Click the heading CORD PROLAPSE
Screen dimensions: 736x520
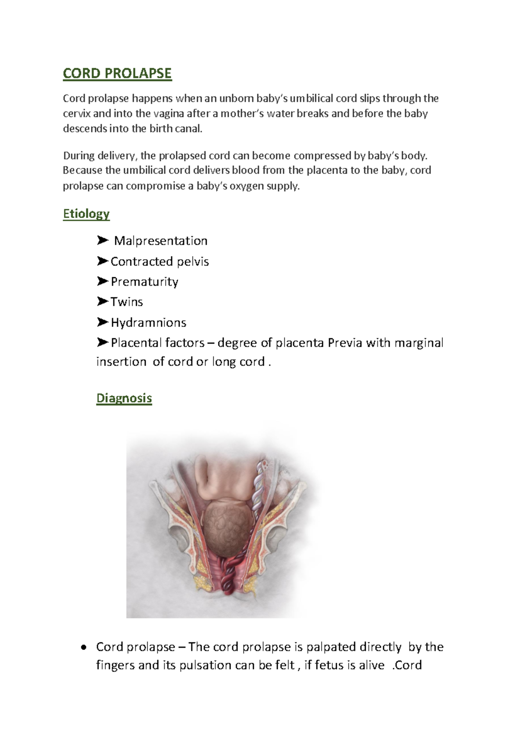[x=117, y=73]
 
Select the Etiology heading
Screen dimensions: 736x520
[x=86, y=214]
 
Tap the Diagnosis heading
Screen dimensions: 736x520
[x=124, y=398]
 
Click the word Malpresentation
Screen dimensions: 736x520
[x=161, y=241]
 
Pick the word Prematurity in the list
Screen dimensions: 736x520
[x=144, y=282]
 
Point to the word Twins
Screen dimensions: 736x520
[x=127, y=302]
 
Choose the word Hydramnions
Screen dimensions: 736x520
[x=148, y=322]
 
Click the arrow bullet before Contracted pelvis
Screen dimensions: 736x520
[x=102, y=261]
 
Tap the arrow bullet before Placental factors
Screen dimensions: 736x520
[x=102, y=343]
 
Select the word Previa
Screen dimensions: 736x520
[x=345, y=343]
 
